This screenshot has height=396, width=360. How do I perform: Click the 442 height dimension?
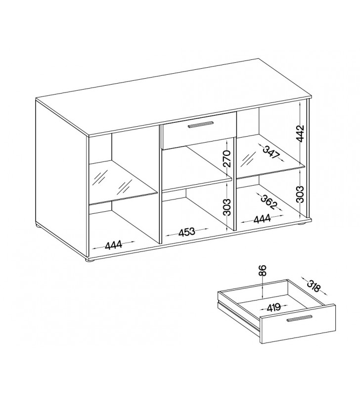pyautogui.click(x=300, y=133)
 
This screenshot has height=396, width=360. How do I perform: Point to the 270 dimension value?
pyautogui.click(x=227, y=158)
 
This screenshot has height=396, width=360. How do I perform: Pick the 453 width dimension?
pyautogui.click(x=187, y=232)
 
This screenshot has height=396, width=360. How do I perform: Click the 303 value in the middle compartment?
pyautogui.click(x=227, y=207)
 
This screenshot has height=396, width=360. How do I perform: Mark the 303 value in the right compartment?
pyautogui.click(x=300, y=194)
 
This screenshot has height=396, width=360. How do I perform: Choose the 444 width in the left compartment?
pyautogui.click(x=114, y=245)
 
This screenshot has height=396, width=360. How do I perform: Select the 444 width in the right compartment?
pyautogui.click(x=262, y=219)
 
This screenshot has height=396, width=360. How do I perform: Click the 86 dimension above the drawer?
pyautogui.click(x=263, y=270)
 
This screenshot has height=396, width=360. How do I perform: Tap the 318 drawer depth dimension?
pyautogui.click(x=314, y=287)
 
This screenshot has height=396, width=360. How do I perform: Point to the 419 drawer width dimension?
pyautogui.click(x=274, y=307)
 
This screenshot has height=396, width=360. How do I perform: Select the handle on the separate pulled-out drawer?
pyautogui.click(x=300, y=318)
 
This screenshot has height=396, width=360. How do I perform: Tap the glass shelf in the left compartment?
pyautogui.click(x=123, y=182)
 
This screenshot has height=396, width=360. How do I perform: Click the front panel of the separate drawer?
pyautogui.click(x=299, y=324)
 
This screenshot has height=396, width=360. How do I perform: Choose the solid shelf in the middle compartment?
pyautogui.click(x=197, y=168)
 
